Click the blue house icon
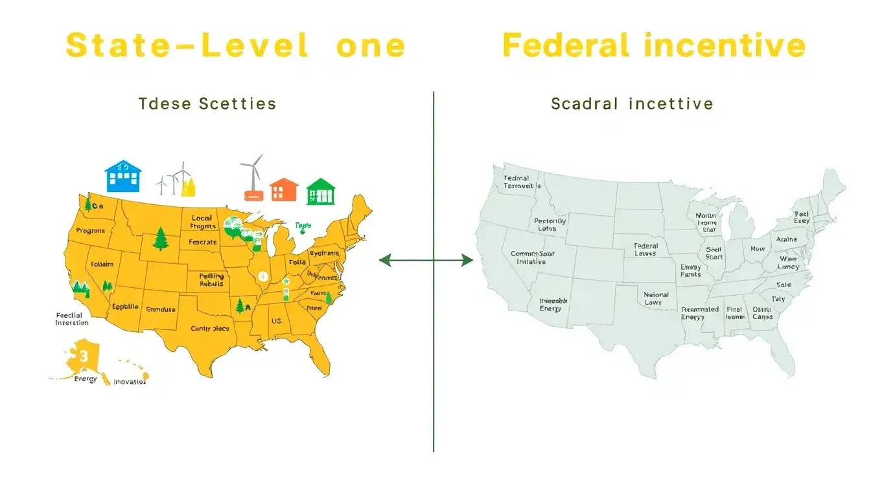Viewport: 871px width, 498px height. coord(123,176)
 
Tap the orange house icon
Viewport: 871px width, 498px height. coord(284,189)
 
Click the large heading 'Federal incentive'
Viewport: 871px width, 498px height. coord(653,46)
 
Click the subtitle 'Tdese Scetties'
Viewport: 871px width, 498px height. coord(207,103)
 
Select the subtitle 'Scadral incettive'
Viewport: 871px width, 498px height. coord(632,103)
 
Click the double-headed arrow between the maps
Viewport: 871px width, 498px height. coord(426,261)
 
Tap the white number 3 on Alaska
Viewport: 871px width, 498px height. coord(83,355)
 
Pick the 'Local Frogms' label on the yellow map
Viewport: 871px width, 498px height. coord(203,222)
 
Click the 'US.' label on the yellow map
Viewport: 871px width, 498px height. coord(277,321)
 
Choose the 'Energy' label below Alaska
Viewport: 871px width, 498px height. coord(86,379)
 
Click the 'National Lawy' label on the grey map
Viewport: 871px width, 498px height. coord(656,298)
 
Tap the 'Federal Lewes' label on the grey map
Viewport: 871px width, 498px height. coord(645,250)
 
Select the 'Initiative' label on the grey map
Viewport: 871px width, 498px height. coord(531,261)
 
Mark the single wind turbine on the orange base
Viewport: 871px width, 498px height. coord(252,175)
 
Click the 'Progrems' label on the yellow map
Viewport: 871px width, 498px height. coord(91,230)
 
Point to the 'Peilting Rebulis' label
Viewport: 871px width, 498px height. coord(211,279)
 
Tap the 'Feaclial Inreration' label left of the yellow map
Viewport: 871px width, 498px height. coord(72,318)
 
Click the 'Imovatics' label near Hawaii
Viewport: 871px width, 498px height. coord(130,381)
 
